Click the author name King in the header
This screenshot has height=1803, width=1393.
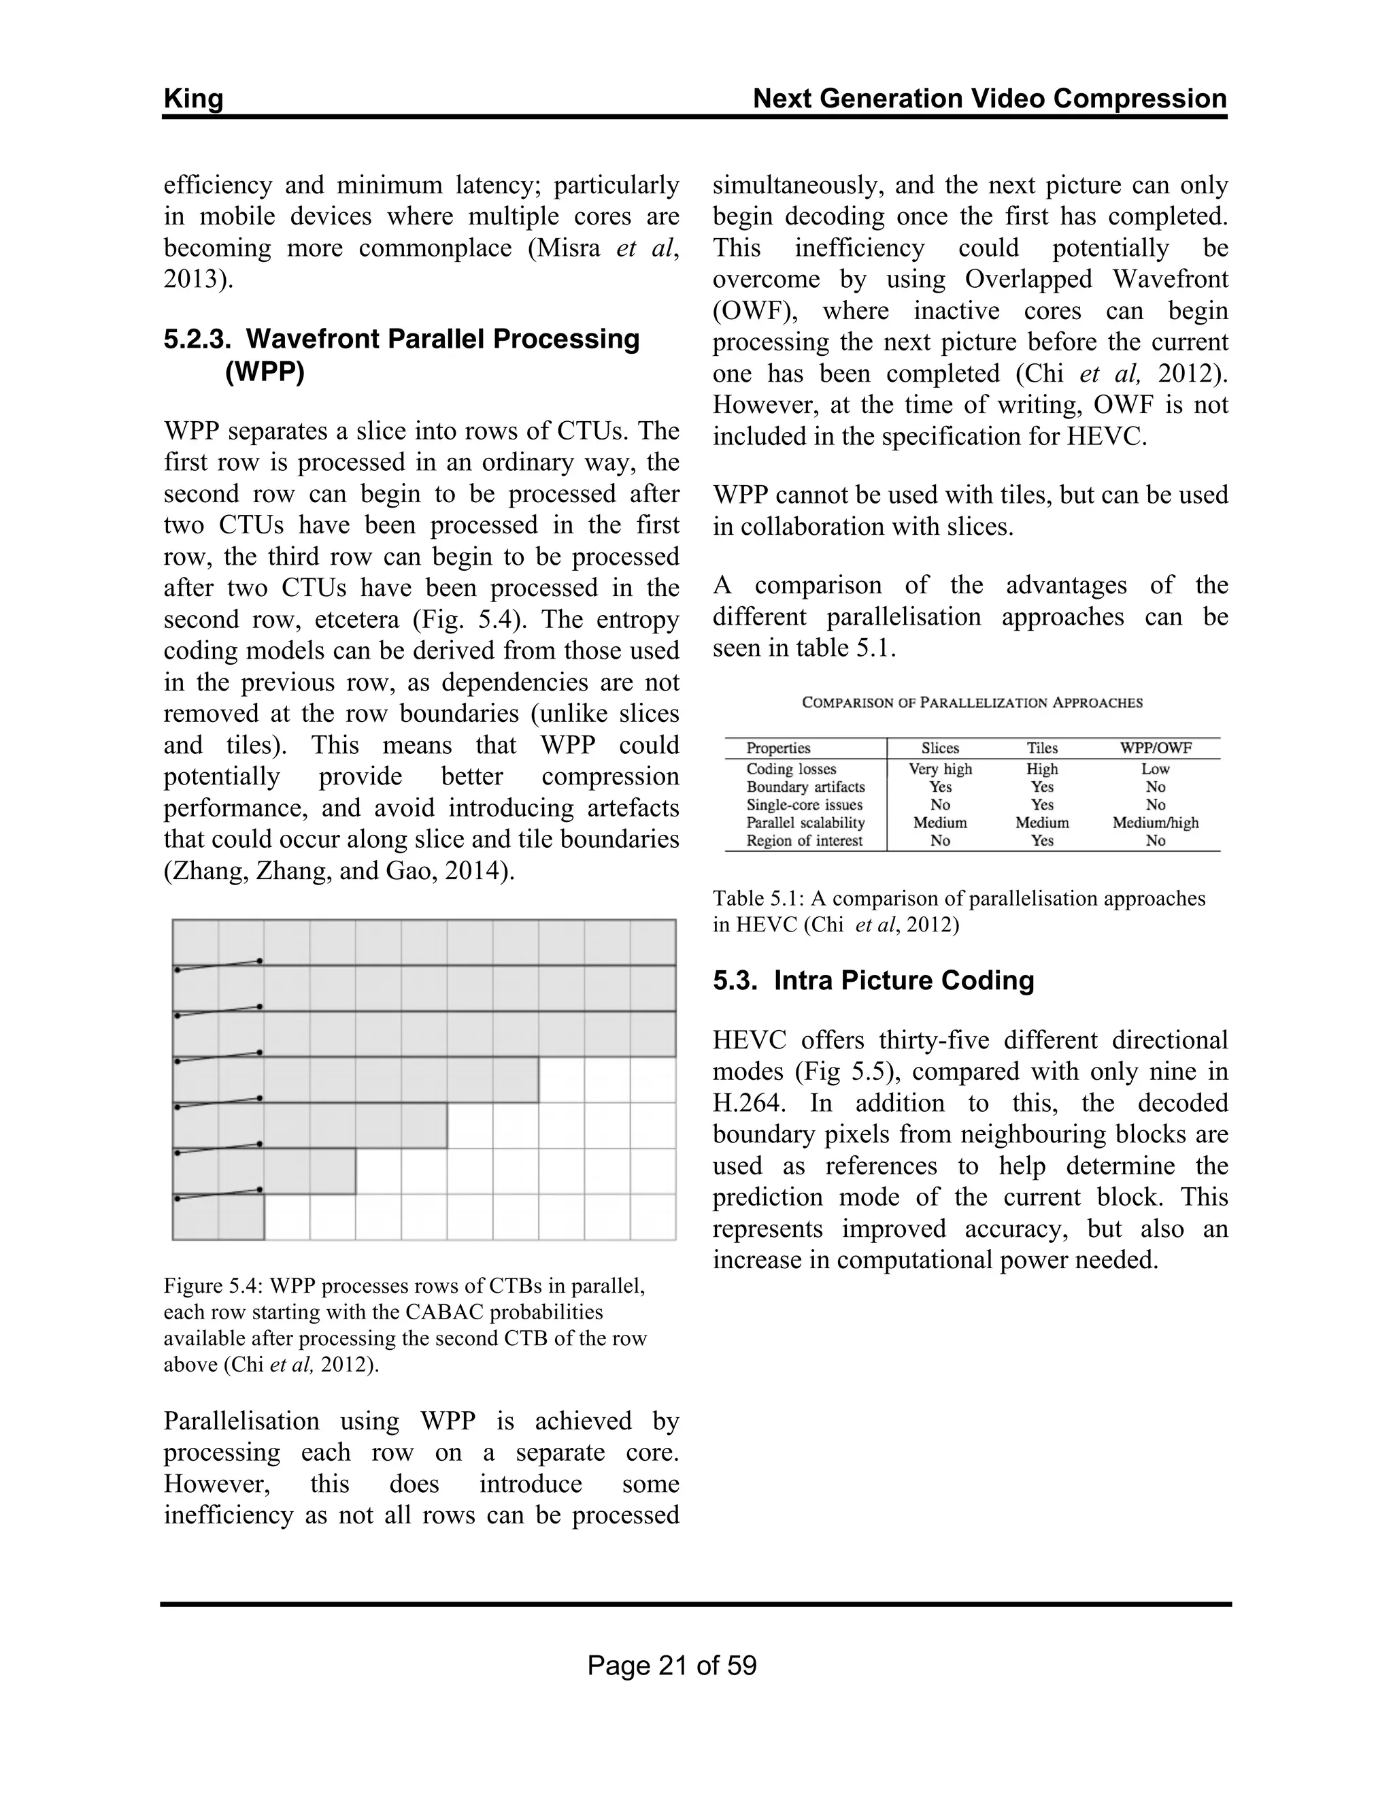click(x=193, y=99)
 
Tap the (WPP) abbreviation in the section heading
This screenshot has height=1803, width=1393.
click(x=264, y=371)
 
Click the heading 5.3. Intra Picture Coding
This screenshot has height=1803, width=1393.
click(x=873, y=980)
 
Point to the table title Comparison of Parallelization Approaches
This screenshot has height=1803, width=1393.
click(x=972, y=703)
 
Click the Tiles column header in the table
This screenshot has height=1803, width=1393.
click(x=1041, y=748)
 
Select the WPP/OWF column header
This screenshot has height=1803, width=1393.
click(x=1156, y=748)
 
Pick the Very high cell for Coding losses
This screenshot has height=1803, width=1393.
click(x=940, y=769)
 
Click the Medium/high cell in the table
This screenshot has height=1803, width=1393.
click(x=1156, y=823)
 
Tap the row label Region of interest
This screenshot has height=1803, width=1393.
click(x=804, y=840)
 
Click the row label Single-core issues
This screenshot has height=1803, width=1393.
click(x=804, y=805)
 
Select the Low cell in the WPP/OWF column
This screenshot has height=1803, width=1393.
click(x=1156, y=769)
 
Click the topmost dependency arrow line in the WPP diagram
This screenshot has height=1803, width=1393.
click(x=219, y=965)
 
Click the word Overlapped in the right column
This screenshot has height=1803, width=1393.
click(x=1028, y=279)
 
